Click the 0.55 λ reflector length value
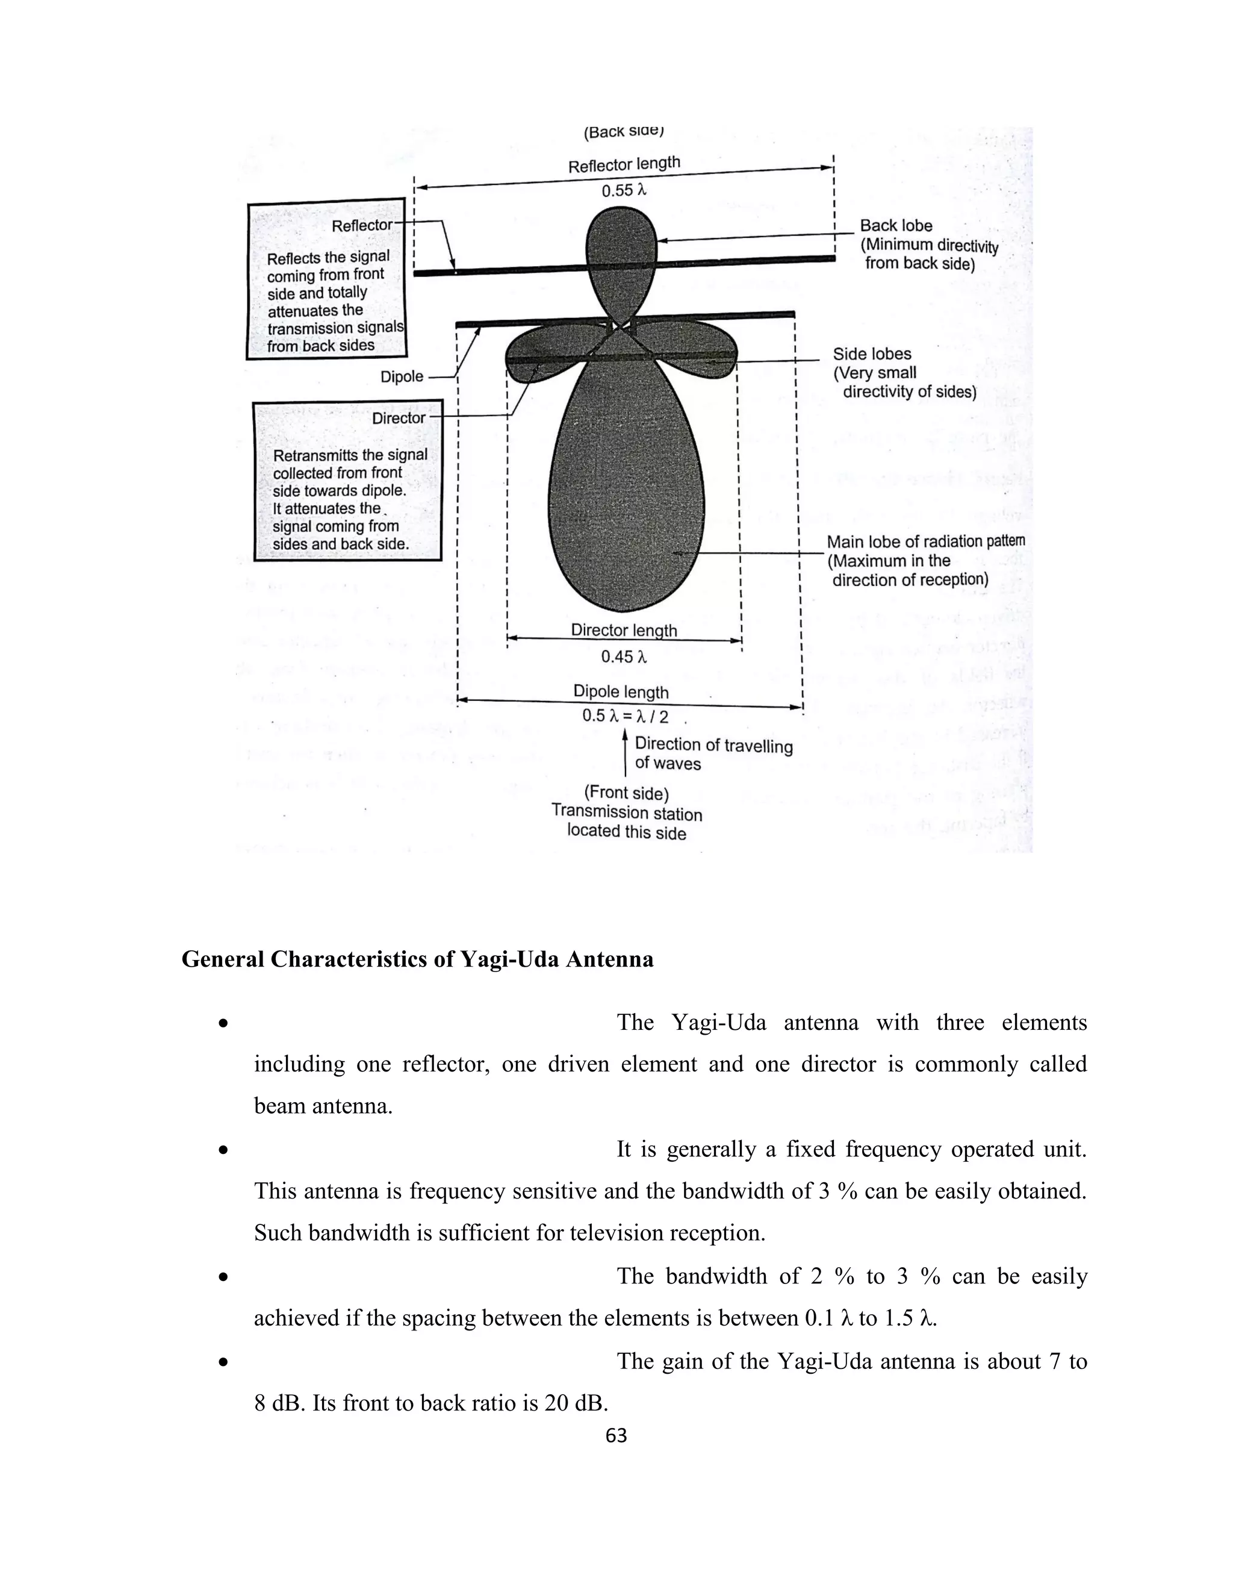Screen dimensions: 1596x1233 click(x=624, y=191)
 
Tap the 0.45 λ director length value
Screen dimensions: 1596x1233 click(x=624, y=657)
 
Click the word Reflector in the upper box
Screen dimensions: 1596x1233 click(x=362, y=226)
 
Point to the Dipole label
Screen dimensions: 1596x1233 click(x=402, y=377)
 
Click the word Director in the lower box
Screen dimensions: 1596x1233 click(x=398, y=418)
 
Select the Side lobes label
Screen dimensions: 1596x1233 click(x=872, y=354)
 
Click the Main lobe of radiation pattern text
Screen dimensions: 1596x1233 click(x=925, y=541)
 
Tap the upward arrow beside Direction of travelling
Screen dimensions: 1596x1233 click(x=626, y=753)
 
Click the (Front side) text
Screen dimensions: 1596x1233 click(x=627, y=793)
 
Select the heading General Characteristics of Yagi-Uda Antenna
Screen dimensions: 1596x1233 click(x=417, y=959)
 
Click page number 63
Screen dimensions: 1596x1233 click(x=616, y=1436)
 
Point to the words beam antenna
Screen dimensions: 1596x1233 click(x=323, y=1106)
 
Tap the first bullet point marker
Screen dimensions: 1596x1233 click(x=224, y=1024)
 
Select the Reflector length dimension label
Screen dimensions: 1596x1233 click(x=624, y=165)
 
